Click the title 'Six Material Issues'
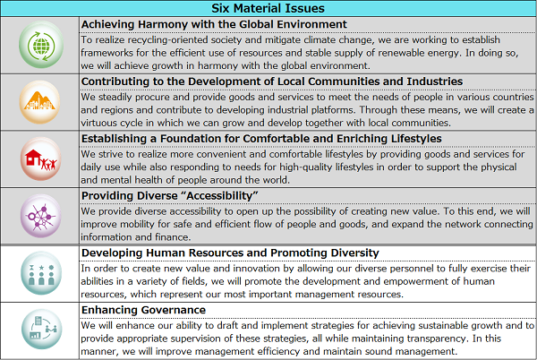click(x=268, y=8)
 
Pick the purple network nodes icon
click(x=40, y=216)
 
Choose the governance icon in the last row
click(x=40, y=330)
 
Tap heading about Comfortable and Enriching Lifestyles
click(x=261, y=138)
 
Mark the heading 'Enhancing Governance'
click(x=143, y=309)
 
